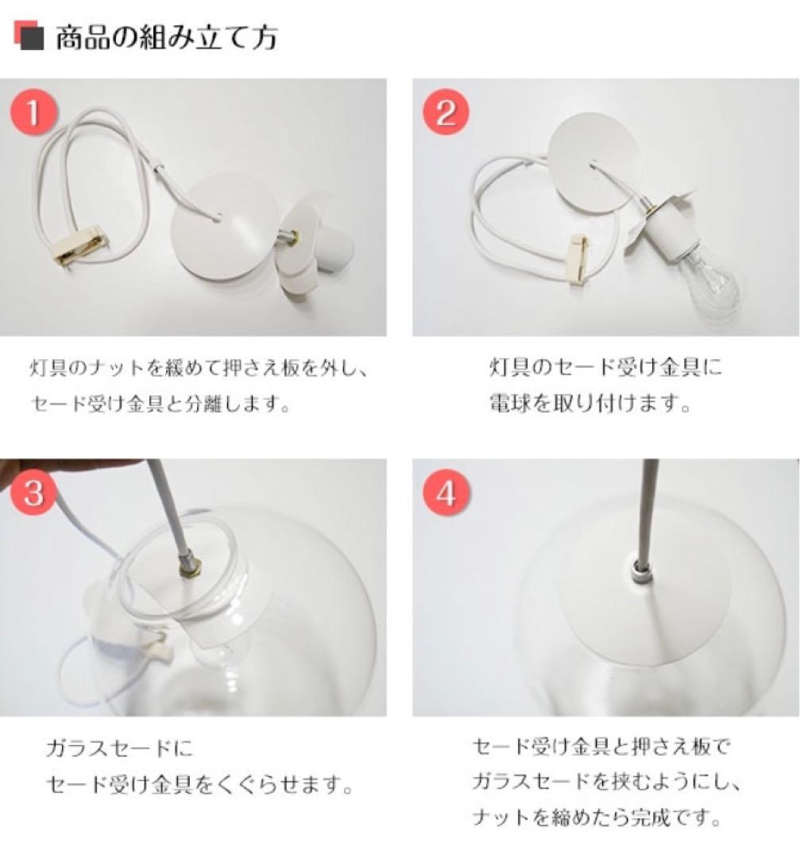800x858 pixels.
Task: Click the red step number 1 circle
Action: coord(33,113)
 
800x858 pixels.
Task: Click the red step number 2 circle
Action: coord(446,113)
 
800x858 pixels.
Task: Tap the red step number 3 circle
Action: coord(33,493)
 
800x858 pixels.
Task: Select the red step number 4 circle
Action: coord(446,493)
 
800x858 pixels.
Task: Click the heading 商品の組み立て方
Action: coord(166,37)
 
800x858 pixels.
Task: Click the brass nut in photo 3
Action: coord(191,566)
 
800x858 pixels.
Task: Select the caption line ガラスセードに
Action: coord(119,748)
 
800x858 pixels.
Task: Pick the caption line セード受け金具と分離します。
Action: coord(159,404)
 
